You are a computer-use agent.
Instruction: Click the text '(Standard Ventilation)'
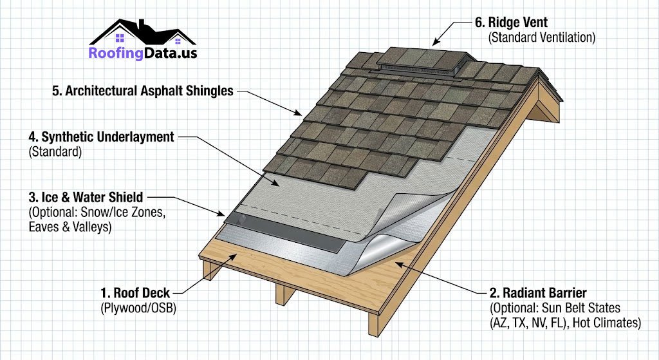542,37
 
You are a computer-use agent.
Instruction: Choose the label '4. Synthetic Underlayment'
101,137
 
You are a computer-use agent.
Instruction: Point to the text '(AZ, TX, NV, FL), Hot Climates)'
565,323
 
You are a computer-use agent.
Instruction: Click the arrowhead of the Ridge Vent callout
434,44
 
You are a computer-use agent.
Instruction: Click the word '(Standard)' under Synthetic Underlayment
53,153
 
